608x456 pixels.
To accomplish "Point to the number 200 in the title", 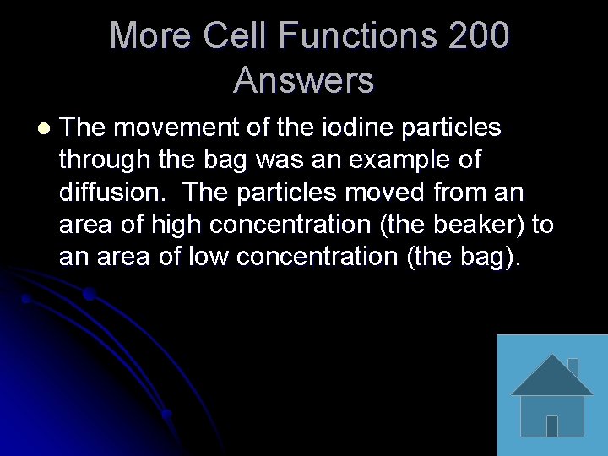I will [x=479, y=36].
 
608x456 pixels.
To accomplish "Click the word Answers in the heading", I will [x=303, y=80].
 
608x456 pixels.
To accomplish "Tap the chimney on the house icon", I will [x=573, y=366].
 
